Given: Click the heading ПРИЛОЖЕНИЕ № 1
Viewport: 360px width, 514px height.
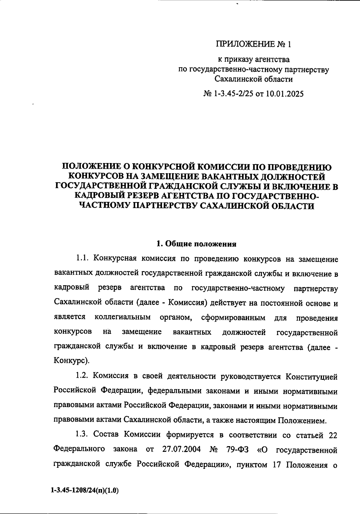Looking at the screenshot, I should pyautogui.click(x=253, y=44).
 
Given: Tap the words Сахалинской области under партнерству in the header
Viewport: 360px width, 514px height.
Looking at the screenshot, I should pyautogui.click(x=253, y=79).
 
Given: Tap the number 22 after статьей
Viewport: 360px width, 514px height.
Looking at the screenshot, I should pyautogui.click(x=333, y=434).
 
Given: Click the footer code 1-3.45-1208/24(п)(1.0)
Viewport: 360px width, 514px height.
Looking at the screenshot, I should pyautogui.click(x=85, y=491).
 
